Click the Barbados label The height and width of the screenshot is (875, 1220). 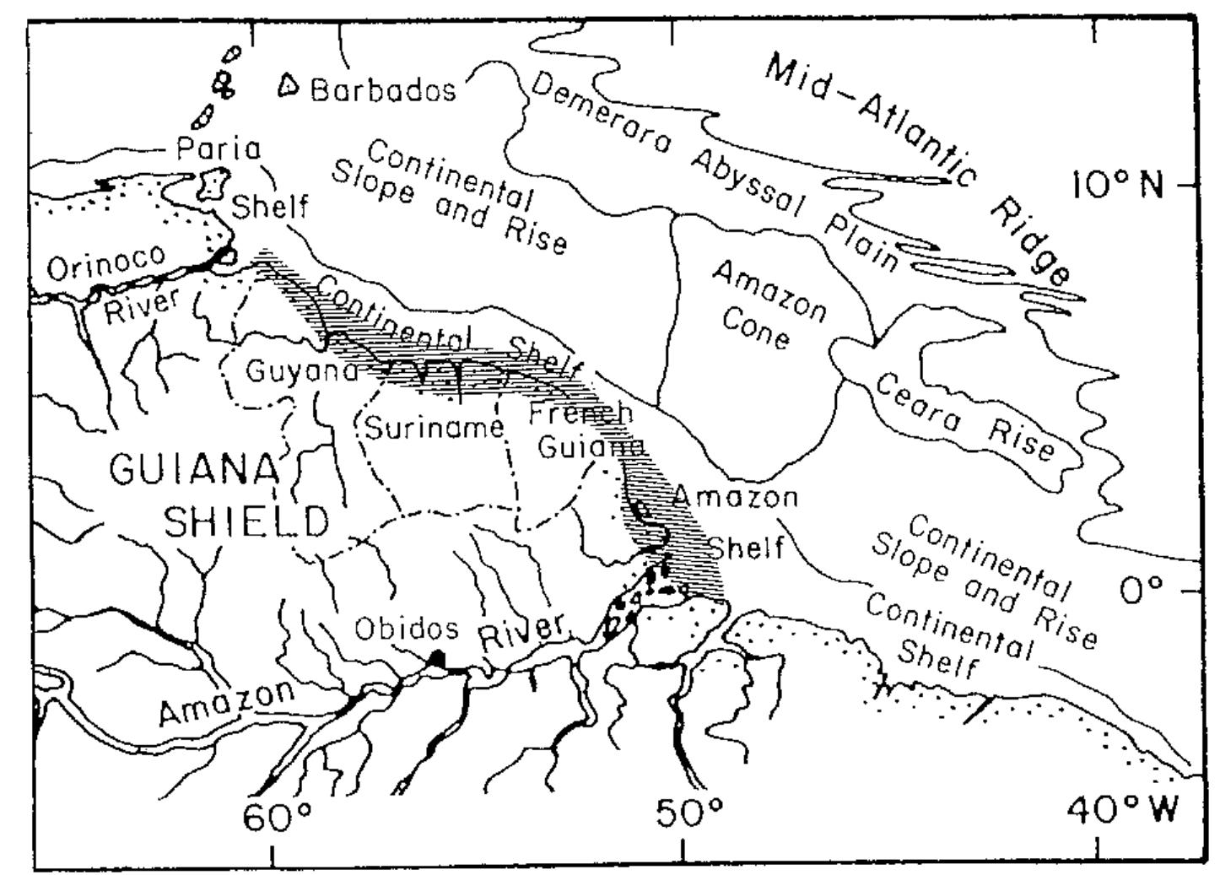[x=382, y=89]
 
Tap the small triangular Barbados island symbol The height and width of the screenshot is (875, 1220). [x=289, y=84]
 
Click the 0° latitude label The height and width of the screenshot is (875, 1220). [x=1142, y=590]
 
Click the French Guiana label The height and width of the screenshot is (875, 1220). [x=584, y=429]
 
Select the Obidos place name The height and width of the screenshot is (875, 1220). [x=406, y=629]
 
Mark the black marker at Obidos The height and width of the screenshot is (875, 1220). [x=435, y=659]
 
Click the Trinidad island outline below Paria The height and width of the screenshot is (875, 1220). [x=214, y=184]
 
